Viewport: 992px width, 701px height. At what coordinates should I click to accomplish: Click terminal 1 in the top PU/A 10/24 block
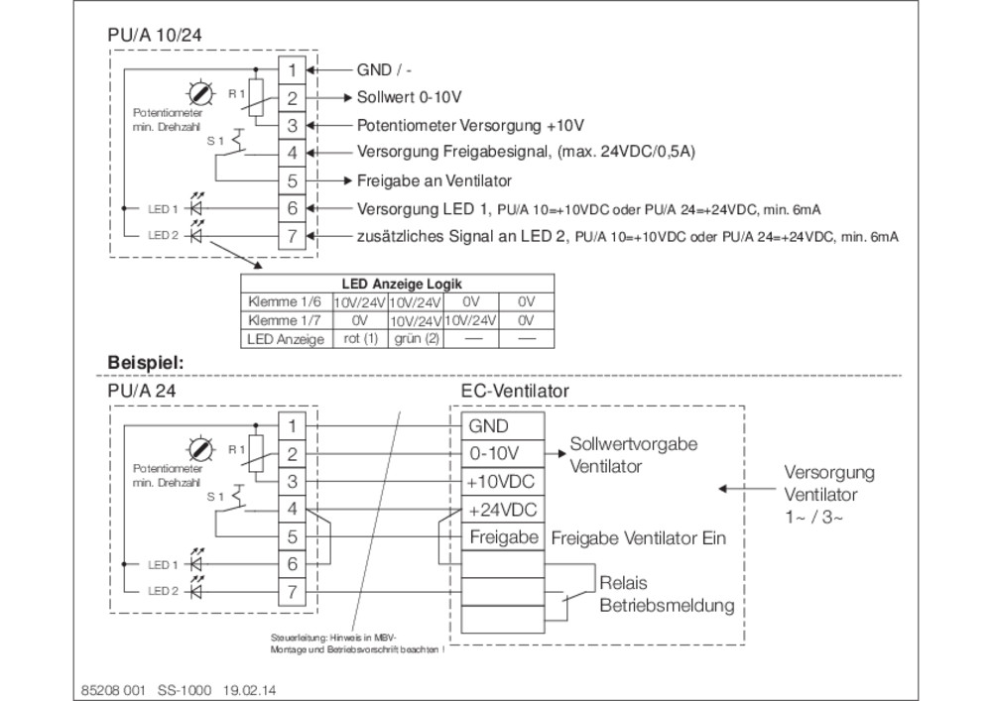[x=292, y=70]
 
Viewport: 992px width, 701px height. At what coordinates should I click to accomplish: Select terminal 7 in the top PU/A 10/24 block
[x=292, y=236]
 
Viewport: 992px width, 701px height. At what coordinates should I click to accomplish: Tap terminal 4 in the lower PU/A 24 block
[x=292, y=509]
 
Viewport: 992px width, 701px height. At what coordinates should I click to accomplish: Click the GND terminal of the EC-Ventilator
[x=503, y=426]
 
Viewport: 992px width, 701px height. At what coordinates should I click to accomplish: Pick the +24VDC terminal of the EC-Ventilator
[x=503, y=510]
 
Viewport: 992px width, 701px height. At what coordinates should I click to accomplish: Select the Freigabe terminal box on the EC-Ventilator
[x=503, y=537]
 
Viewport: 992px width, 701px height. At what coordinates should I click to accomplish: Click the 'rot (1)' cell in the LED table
[x=361, y=339]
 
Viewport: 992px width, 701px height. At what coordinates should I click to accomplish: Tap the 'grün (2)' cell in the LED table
[x=417, y=339]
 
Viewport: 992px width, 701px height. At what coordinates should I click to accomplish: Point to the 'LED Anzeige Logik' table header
[x=402, y=284]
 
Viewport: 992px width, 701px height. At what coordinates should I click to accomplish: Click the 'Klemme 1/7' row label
[x=284, y=320]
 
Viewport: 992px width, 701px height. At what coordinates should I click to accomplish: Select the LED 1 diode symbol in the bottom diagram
[x=196, y=563]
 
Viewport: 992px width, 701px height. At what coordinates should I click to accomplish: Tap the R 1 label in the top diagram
[x=237, y=94]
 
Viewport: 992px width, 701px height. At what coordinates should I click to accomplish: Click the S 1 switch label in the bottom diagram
[x=215, y=497]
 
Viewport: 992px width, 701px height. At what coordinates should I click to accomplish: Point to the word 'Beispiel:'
[x=146, y=364]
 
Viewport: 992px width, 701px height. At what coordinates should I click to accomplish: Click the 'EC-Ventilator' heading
[x=515, y=391]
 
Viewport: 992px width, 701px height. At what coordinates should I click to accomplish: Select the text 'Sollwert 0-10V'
[x=410, y=97]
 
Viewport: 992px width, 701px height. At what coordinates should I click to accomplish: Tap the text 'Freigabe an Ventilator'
[x=434, y=180]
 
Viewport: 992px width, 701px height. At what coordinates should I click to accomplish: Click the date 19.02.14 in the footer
[x=249, y=690]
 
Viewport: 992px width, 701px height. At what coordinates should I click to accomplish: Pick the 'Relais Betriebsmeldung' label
[x=667, y=594]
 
